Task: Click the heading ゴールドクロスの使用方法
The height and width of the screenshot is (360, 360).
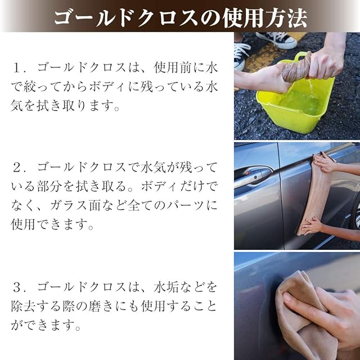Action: (x=181, y=18)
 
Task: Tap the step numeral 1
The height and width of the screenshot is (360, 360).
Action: (x=17, y=68)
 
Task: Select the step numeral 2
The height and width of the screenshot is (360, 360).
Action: (x=17, y=168)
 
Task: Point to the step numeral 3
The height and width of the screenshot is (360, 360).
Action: (x=17, y=287)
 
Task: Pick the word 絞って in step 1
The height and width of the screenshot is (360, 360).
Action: (x=37, y=87)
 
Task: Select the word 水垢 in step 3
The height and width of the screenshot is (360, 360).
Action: (x=166, y=287)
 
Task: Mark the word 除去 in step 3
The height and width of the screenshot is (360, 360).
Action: (x=24, y=306)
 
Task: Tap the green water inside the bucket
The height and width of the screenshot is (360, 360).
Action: (x=299, y=101)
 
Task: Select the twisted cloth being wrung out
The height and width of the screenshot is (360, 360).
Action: (x=296, y=68)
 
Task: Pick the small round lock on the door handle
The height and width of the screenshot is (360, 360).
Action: (x=255, y=178)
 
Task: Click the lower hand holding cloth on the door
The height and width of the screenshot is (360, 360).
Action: (x=312, y=225)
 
